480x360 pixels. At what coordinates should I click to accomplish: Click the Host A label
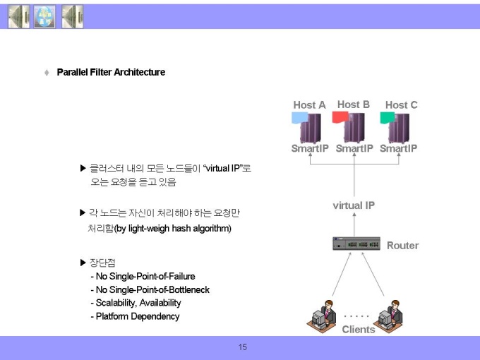click(309, 105)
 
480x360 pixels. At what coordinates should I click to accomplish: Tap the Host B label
click(354, 104)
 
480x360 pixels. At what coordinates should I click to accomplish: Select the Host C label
click(402, 105)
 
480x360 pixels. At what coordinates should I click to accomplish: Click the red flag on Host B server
click(340, 117)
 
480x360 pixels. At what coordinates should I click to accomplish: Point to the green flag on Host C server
click(388, 118)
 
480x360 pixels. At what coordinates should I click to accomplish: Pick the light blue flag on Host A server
click(300, 118)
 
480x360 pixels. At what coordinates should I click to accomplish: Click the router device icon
click(356, 244)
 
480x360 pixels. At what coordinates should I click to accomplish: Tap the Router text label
click(402, 246)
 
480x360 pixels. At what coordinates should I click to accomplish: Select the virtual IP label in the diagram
click(354, 205)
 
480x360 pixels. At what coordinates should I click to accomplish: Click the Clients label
click(359, 330)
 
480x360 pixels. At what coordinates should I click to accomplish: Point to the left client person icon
click(321, 316)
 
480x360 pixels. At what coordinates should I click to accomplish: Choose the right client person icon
click(388, 316)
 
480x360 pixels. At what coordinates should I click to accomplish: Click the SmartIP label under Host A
click(310, 148)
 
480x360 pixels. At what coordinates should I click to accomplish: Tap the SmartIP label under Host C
click(398, 148)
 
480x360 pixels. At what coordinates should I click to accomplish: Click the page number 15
click(242, 347)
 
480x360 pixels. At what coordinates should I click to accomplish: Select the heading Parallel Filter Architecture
click(111, 72)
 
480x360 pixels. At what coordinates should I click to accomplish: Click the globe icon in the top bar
click(44, 16)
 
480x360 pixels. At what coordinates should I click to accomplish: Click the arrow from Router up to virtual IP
click(354, 224)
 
